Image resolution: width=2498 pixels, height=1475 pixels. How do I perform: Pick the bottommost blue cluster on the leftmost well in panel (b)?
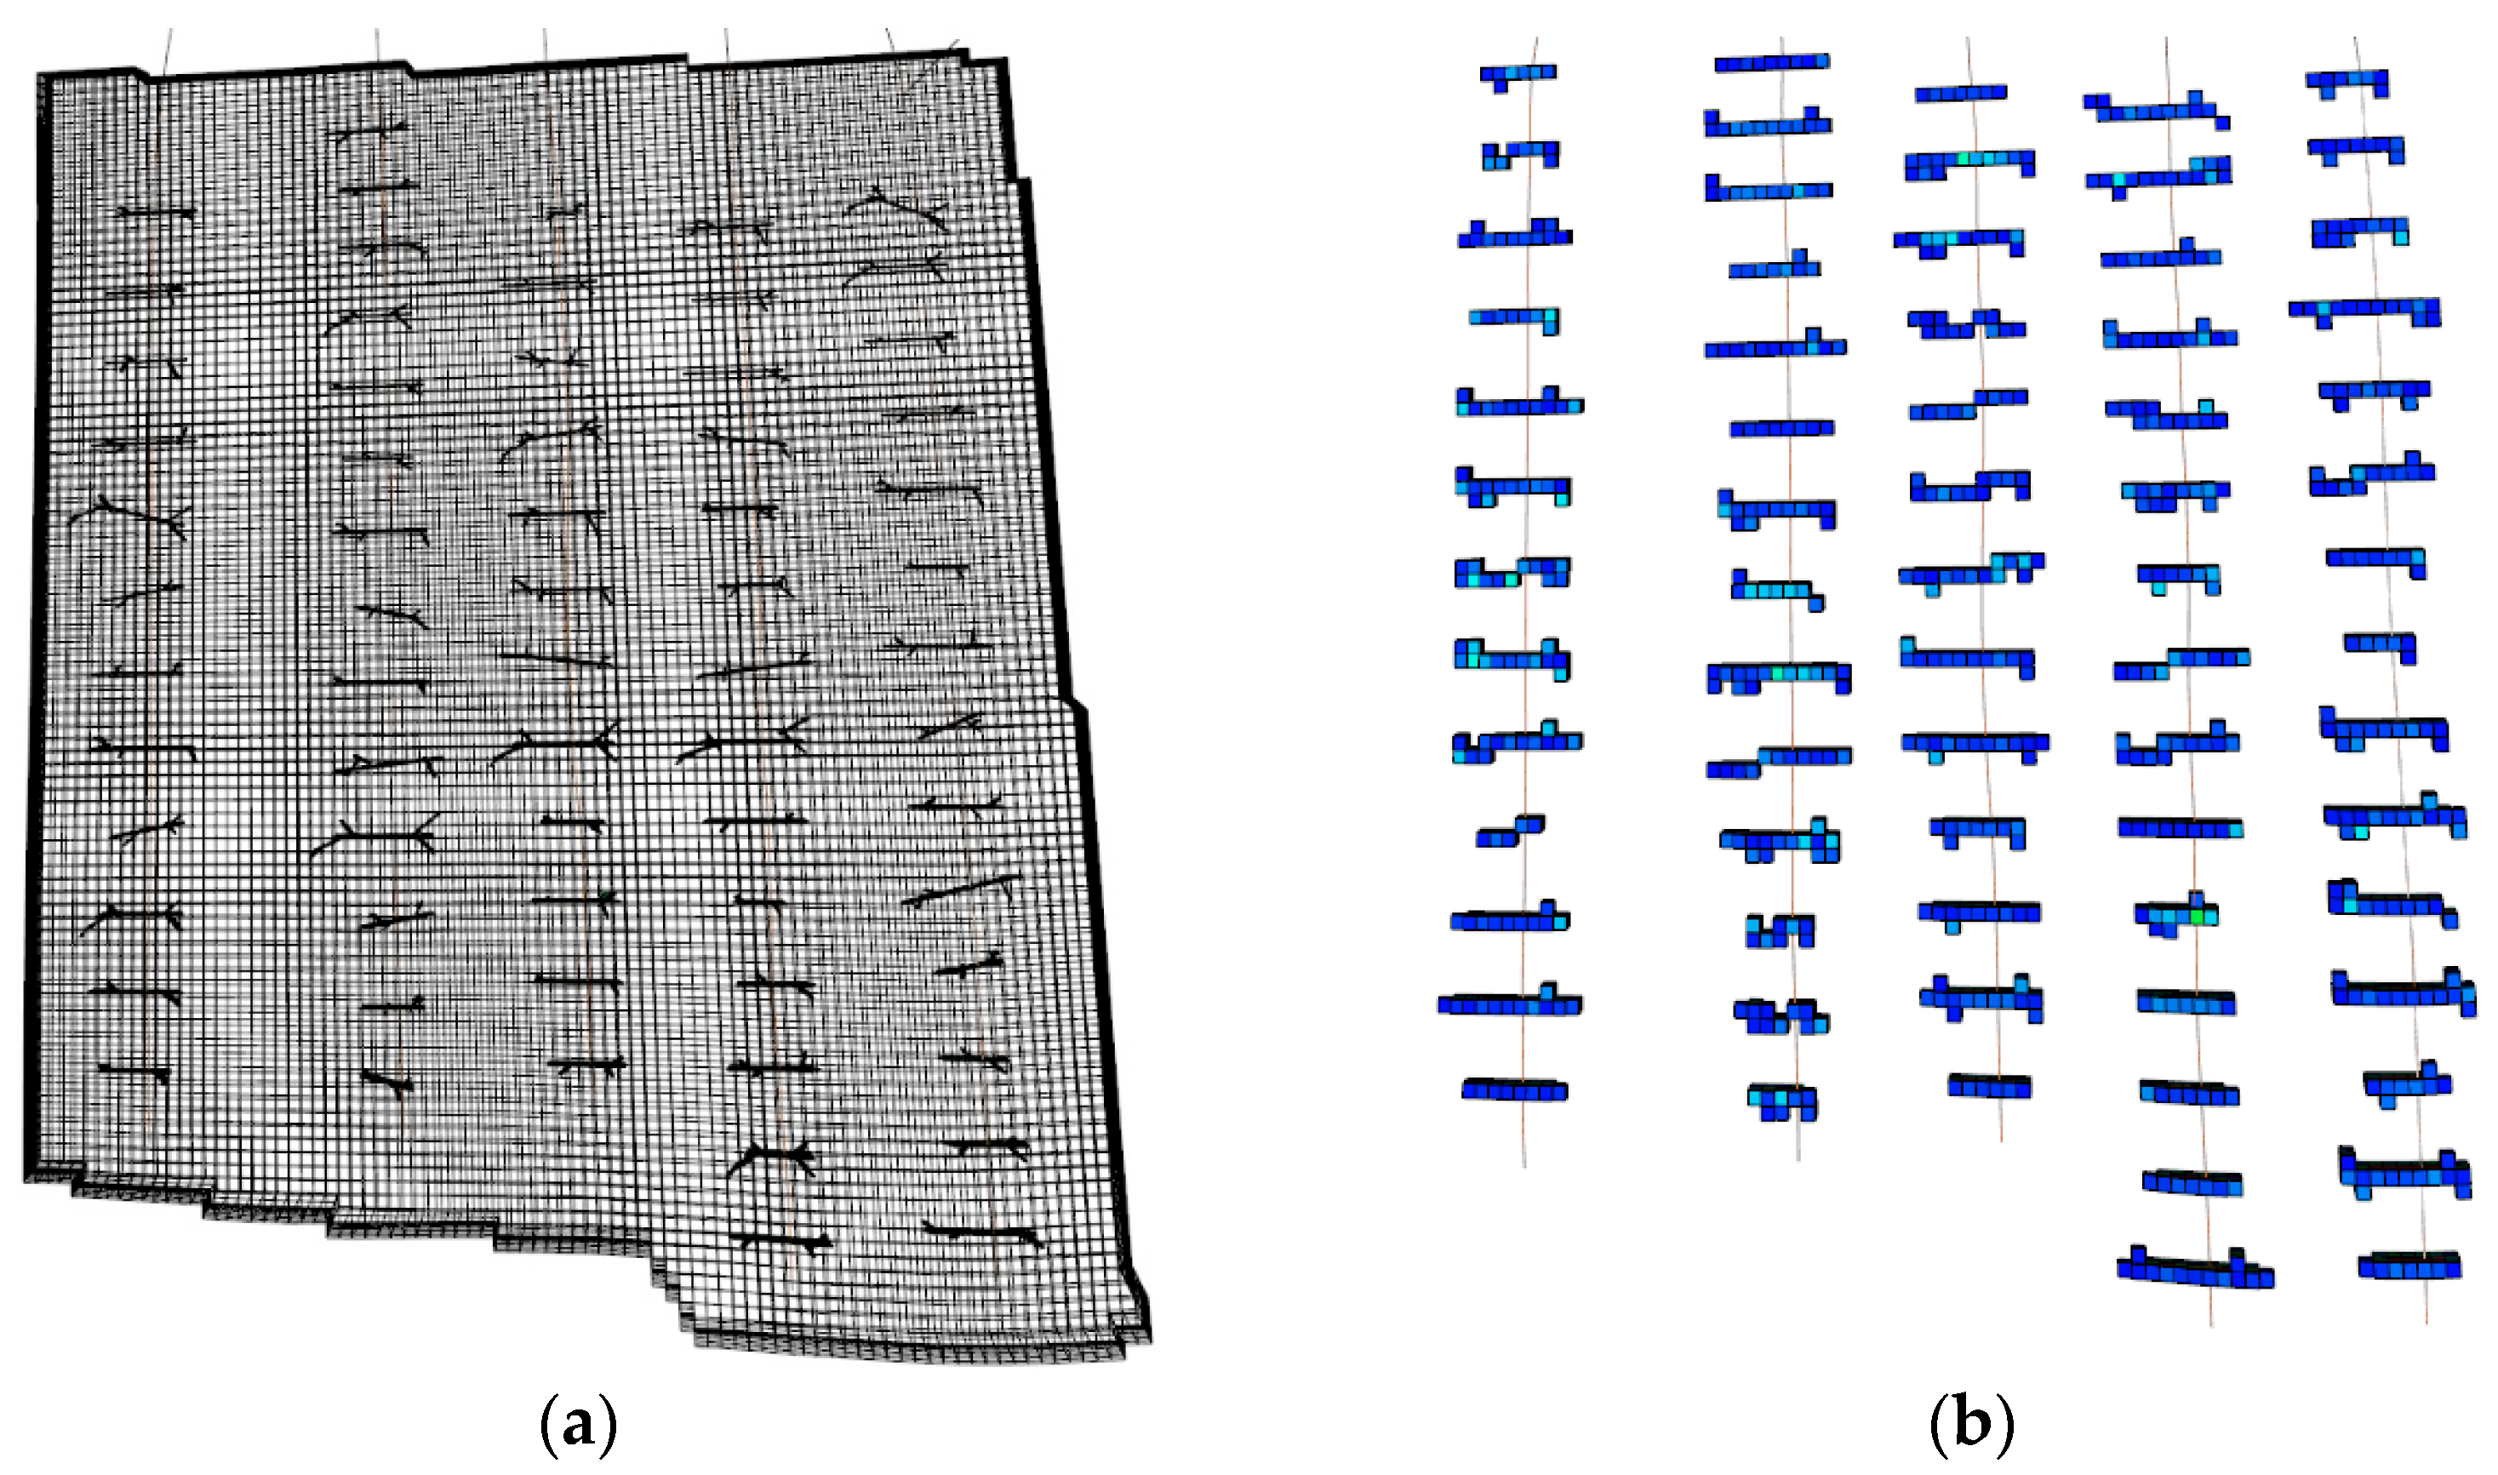click(1514, 1090)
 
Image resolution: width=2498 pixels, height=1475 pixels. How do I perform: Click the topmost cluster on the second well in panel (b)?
click(1772, 63)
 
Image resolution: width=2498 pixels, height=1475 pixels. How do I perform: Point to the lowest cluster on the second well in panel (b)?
click(1781, 1101)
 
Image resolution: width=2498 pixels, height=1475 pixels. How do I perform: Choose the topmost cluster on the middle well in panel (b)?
click(1960, 94)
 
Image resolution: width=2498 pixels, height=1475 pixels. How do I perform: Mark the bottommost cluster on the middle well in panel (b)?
click(1988, 1085)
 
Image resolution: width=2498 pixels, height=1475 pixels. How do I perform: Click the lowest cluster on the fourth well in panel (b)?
click(2195, 1269)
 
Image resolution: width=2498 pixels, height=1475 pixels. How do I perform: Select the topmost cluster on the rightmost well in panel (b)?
click(2347, 82)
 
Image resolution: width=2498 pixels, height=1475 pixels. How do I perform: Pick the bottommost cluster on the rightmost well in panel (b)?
click(2409, 1266)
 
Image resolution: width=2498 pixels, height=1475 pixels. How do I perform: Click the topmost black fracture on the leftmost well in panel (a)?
click(156, 212)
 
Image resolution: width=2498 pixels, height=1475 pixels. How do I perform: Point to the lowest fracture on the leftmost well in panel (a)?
click(134, 1072)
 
